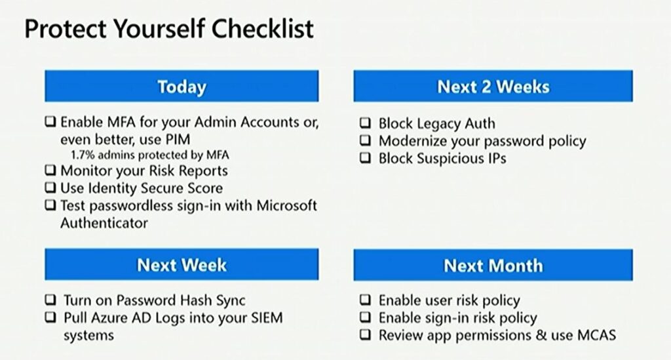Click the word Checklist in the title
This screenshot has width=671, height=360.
tap(263, 29)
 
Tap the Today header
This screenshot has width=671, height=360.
tap(182, 86)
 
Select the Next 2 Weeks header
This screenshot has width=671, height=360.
tap(493, 86)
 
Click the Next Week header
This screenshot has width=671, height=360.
tap(182, 264)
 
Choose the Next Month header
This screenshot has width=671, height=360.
tap(493, 265)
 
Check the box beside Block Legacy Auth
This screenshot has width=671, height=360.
tap(365, 123)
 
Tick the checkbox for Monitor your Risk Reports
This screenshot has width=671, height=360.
tap(50, 170)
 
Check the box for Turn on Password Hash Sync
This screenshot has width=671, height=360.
tap(50, 299)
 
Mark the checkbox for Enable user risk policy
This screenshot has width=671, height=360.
tap(365, 299)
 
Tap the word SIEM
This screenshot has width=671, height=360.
tap(267, 317)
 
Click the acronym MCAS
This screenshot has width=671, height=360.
tap(596, 334)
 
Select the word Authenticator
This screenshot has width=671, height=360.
tap(104, 222)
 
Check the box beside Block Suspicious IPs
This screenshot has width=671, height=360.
tap(365, 157)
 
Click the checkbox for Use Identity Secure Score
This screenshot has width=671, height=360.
tap(50, 188)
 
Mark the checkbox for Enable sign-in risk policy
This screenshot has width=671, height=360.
tap(365, 317)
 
